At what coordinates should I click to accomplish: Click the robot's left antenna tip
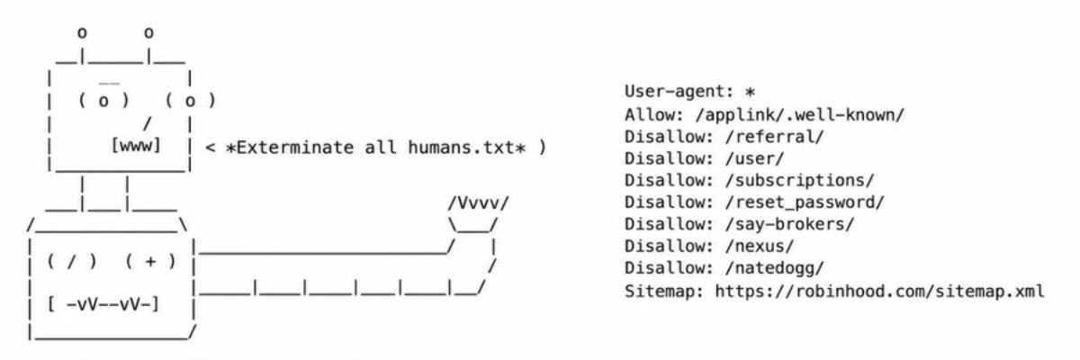[x=82, y=33]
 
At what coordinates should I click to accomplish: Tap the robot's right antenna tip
[x=148, y=33]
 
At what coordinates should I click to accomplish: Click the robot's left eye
[x=103, y=101]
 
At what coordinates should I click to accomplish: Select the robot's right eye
[x=190, y=101]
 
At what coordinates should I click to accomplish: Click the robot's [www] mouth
[x=136, y=146]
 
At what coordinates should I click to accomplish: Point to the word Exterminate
[x=294, y=147]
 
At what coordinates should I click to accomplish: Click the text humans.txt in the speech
[x=462, y=147]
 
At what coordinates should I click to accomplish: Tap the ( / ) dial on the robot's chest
[x=72, y=261]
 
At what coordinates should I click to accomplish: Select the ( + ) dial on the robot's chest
[x=150, y=261]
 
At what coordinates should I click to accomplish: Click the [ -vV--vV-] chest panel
[x=103, y=304]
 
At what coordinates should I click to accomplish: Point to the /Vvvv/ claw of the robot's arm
[x=478, y=203]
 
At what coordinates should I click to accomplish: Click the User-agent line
[x=689, y=92]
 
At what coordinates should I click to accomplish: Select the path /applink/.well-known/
[x=800, y=115]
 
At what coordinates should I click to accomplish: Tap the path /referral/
[x=774, y=137]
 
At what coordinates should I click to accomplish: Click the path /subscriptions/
[x=799, y=180]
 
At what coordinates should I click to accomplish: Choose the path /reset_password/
[x=805, y=202]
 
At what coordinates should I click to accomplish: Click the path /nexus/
[x=760, y=247]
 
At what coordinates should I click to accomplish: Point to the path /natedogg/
[x=774, y=268]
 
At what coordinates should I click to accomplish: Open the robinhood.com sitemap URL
[x=879, y=292]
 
